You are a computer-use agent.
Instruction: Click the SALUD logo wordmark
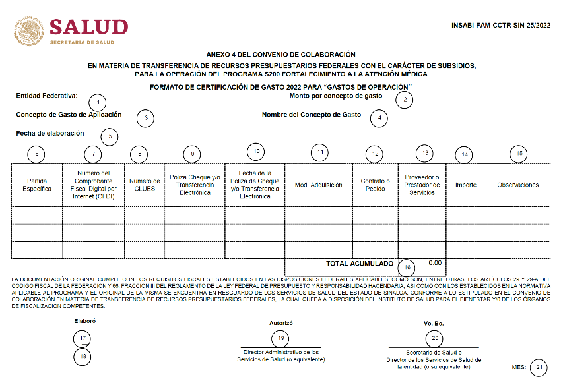[x=88, y=27]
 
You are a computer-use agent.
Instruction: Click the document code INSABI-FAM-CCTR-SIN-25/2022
[x=501, y=26]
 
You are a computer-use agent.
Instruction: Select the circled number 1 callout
[x=98, y=102]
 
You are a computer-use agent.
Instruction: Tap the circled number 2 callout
[x=404, y=100]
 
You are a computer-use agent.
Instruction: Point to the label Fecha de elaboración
[x=50, y=133]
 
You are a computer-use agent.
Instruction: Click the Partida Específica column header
[x=37, y=185]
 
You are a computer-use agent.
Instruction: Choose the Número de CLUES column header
[x=145, y=185]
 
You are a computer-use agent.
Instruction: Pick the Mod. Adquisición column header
[x=318, y=185]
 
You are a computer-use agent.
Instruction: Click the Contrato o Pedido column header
[x=375, y=185]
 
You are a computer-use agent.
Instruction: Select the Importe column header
[x=466, y=185]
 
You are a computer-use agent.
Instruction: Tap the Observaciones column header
[x=518, y=185]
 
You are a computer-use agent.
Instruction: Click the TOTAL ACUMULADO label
[x=359, y=263]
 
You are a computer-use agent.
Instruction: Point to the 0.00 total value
[x=435, y=262]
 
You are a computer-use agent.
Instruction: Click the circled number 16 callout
[x=408, y=267]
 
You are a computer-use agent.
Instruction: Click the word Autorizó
[x=281, y=324]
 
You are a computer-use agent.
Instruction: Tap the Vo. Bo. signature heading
[x=433, y=324]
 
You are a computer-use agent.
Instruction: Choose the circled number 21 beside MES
[x=539, y=367]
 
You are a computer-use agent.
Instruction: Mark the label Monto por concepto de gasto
[x=335, y=96]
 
